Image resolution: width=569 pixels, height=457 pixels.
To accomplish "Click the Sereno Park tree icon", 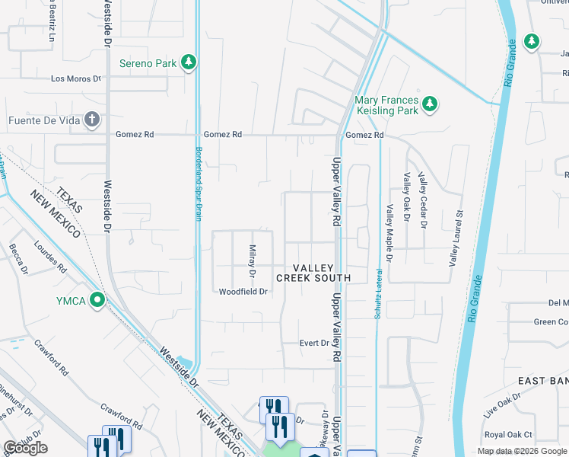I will click(x=189, y=62).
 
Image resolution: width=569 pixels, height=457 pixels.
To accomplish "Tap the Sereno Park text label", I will click(x=148, y=63).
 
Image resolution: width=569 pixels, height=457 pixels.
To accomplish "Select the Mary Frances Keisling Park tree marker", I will click(x=430, y=103).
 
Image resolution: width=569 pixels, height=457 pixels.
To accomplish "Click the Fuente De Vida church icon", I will click(x=91, y=120).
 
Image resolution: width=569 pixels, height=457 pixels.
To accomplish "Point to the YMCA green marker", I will click(x=97, y=300).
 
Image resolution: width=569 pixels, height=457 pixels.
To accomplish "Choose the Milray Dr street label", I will click(x=252, y=260).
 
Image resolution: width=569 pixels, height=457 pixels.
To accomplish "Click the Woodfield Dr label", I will click(x=243, y=292).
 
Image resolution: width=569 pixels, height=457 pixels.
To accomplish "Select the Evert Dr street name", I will click(x=313, y=343).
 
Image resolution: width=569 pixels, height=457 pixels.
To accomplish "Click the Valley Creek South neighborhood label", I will click(x=313, y=273).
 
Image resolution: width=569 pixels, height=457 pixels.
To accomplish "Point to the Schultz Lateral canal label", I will click(x=377, y=293).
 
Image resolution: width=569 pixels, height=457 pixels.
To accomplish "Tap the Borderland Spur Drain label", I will click(x=199, y=182).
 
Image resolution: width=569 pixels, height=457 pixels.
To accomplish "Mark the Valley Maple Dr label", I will click(x=389, y=234).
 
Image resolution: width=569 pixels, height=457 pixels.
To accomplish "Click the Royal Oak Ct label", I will click(x=509, y=434).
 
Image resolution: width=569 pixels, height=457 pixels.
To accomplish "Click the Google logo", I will click(x=25, y=448).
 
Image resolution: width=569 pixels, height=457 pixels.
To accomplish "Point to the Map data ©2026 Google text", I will click(x=522, y=451).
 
